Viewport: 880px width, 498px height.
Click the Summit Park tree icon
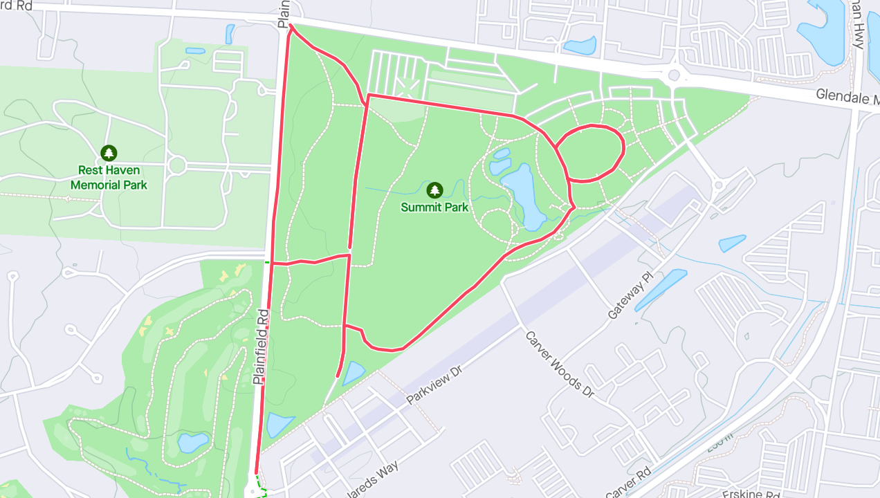tap(434, 190)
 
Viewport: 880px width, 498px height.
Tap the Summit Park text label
tap(434, 207)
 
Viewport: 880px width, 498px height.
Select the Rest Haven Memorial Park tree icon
tap(109, 153)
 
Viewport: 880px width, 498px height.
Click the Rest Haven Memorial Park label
tap(109, 177)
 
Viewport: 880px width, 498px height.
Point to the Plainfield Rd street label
tap(261, 347)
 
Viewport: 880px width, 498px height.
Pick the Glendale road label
tap(845, 98)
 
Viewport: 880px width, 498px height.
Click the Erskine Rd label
tap(751, 494)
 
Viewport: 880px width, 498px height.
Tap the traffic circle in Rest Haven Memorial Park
tap(176, 165)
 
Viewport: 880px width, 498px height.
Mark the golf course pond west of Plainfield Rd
tap(193, 442)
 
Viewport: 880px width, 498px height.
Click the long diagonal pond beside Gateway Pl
tap(661, 290)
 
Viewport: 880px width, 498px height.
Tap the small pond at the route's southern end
tap(354, 373)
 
